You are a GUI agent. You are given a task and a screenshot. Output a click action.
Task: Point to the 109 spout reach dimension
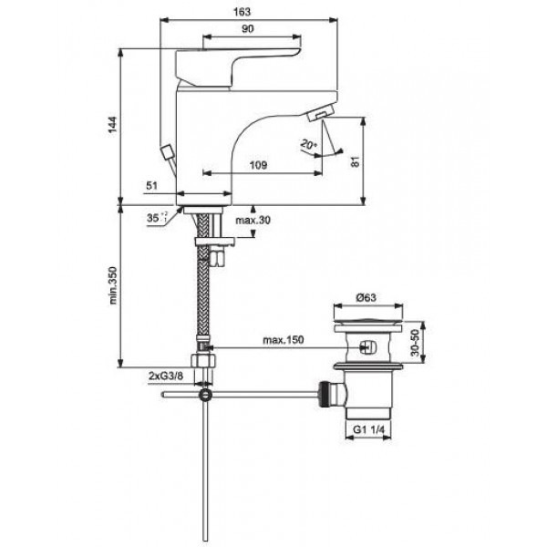point(258,165)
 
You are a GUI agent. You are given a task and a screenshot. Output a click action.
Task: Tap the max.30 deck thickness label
point(253,222)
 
